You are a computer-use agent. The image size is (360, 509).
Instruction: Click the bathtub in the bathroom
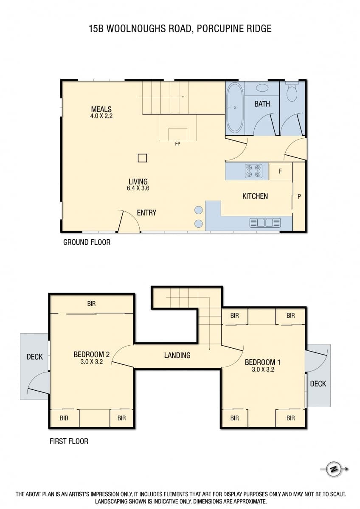(x=234, y=108)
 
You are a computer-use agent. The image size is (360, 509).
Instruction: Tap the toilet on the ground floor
(x=292, y=92)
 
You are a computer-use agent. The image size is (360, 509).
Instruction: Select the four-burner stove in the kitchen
(x=253, y=171)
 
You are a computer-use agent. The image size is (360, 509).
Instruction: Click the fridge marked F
(x=280, y=172)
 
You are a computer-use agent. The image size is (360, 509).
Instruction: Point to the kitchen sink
(x=265, y=223)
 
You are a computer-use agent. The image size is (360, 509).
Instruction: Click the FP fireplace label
(x=177, y=144)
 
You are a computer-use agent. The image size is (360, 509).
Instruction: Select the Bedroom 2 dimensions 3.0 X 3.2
(x=92, y=361)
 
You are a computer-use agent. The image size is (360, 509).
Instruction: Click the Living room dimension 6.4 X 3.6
(x=138, y=188)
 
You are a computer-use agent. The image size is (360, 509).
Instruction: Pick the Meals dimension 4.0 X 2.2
(x=101, y=116)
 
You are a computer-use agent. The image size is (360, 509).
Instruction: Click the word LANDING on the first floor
(x=177, y=355)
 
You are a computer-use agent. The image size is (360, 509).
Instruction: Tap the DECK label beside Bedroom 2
(x=34, y=357)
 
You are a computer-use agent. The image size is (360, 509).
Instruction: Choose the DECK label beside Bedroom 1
(x=318, y=384)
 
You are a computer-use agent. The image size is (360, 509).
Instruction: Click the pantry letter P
(x=299, y=196)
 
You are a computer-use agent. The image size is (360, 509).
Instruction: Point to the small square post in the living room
(x=142, y=158)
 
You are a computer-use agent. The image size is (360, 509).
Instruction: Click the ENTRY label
(x=146, y=213)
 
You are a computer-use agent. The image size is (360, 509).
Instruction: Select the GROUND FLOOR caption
(x=87, y=243)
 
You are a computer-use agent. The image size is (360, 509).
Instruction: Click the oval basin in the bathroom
(x=262, y=88)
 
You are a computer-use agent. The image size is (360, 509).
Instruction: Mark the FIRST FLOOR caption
(x=69, y=441)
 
